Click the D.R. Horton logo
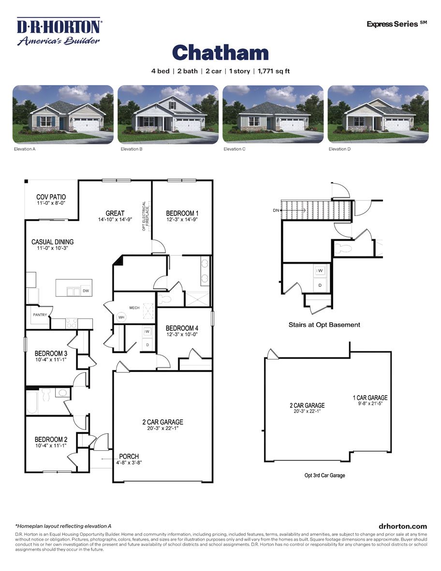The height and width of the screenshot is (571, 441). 59,31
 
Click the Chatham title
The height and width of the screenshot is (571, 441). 220,53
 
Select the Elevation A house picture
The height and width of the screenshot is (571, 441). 63,114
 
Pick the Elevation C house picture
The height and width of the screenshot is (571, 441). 273,114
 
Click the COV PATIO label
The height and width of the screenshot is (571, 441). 51,197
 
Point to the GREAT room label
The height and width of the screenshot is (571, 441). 115,213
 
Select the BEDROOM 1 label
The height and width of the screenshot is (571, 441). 182,213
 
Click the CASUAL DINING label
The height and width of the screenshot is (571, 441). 52,242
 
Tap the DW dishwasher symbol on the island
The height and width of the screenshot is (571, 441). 86,291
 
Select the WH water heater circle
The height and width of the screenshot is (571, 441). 120,317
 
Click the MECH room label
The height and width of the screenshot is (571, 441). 134,307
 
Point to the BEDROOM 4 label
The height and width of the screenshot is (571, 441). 182,328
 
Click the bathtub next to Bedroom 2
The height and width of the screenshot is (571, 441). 33,402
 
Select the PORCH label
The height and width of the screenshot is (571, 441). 129,457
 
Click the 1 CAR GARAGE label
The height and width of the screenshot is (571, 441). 370,398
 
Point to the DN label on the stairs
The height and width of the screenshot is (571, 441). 276,211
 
